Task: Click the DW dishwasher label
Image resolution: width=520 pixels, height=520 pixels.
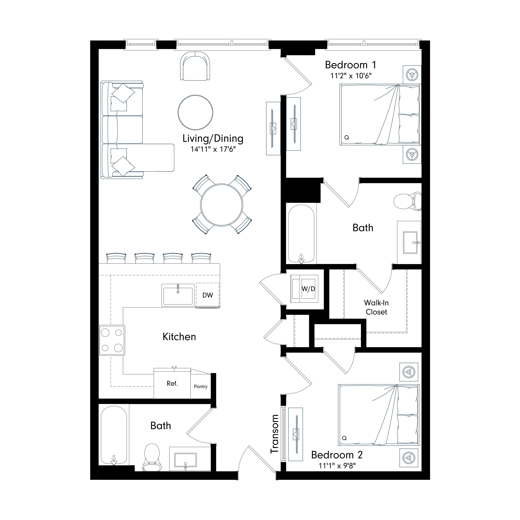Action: (x=208, y=295)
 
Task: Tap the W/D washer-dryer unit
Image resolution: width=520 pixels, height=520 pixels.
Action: (x=304, y=289)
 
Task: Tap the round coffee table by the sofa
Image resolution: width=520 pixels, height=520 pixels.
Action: (x=195, y=112)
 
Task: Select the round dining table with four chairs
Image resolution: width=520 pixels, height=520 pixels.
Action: (x=222, y=205)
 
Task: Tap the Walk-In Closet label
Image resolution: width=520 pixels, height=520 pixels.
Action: (x=376, y=307)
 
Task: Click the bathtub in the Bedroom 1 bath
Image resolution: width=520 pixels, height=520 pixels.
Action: (x=301, y=234)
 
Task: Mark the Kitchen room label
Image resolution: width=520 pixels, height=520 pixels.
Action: (x=179, y=337)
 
